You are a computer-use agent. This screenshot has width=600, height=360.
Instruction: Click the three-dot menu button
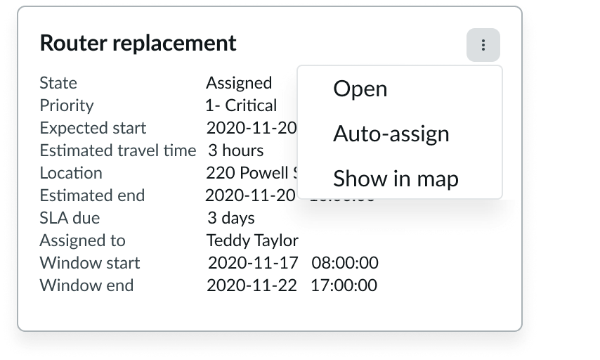[x=483, y=46]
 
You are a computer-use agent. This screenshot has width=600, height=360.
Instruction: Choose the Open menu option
[x=360, y=89]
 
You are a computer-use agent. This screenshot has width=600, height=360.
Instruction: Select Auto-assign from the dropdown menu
[x=391, y=134]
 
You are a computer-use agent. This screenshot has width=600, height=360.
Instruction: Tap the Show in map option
[x=396, y=179]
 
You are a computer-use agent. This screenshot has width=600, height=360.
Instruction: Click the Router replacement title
[x=138, y=44]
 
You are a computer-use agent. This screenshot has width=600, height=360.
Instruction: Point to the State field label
[x=58, y=83]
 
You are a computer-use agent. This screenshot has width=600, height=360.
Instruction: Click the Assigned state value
[x=239, y=83]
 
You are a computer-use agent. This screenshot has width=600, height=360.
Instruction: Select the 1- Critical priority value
[x=241, y=105]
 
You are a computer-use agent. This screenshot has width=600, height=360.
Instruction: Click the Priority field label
[x=67, y=105]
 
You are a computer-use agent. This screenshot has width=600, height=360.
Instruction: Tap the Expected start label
[x=93, y=128]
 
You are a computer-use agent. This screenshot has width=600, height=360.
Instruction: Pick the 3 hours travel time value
[x=236, y=150]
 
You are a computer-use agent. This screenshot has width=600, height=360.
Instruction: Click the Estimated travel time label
[x=118, y=150]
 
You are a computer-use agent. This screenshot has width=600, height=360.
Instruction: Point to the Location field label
[x=71, y=173]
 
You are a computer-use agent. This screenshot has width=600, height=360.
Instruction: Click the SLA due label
[x=70, y=218]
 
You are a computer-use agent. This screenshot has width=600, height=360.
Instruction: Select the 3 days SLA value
[x=231, y=218]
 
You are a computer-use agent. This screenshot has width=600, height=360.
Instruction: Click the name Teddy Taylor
[x=252, y=240]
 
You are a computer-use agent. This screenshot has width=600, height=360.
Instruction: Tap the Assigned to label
[x=82, y=240]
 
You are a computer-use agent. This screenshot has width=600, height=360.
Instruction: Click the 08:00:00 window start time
[x=345, y=263]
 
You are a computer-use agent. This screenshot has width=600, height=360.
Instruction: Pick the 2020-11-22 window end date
[x=252, y=285]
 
